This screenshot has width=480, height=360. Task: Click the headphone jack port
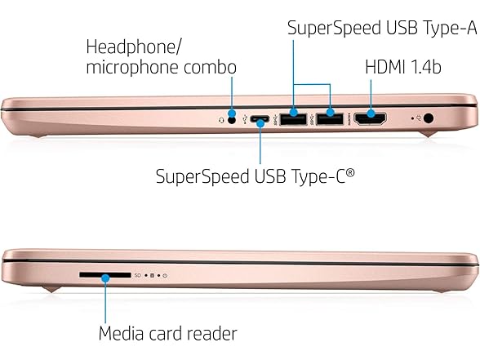point(233,120)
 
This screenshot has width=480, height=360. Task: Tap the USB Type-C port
point(260,119)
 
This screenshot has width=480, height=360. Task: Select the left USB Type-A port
point(293,119)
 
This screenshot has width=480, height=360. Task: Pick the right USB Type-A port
point(330,119)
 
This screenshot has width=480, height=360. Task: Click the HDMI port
point(370,119)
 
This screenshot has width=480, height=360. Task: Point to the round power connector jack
point(429,118)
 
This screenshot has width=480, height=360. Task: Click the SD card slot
point(105,275)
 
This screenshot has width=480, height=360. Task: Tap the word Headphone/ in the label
point(134,47)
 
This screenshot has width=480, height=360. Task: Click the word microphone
point(132,68)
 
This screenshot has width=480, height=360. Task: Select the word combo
point(211,67)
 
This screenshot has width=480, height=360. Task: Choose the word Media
point(121,333)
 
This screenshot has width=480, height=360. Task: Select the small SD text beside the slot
point(138,276)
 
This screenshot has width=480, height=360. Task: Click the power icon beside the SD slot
point(165,276)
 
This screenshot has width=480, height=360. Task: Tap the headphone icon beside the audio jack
point(221,121)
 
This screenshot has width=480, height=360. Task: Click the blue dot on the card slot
point(105,278)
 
